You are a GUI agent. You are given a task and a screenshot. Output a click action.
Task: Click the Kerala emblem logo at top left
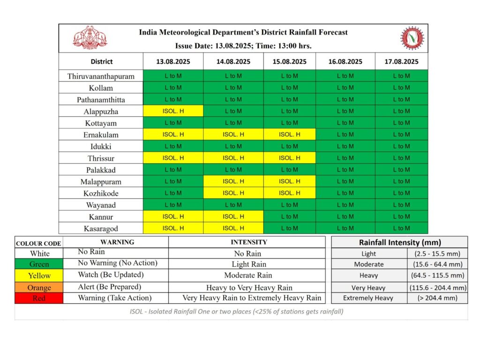90,37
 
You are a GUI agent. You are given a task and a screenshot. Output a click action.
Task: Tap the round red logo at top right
412,38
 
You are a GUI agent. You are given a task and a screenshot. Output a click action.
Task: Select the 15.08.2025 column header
289,61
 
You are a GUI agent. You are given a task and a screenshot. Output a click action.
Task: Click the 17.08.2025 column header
401,61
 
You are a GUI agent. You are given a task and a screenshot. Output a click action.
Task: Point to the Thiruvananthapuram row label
101,76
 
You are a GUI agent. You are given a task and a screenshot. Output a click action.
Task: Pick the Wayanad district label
101,205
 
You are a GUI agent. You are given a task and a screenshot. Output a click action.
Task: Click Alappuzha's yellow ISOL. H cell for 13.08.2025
173,111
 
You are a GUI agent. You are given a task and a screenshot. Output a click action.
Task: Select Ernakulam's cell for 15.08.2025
289,135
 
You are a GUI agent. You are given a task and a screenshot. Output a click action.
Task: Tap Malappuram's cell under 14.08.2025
233,181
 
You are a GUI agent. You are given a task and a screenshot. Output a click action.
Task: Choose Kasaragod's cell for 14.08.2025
233,228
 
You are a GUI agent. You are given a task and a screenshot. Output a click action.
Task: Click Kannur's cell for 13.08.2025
173,217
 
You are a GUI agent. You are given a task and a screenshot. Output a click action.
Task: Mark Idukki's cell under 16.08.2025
345,146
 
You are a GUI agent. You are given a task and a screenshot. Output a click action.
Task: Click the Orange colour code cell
39,287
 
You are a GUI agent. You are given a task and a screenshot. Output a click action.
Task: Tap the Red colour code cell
39,298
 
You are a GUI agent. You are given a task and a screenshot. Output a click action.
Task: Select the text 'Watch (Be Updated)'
111,275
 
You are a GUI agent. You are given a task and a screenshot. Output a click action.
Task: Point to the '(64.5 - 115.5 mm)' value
437,275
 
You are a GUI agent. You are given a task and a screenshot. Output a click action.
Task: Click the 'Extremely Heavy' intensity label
368,298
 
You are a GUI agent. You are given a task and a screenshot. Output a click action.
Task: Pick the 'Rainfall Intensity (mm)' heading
400,242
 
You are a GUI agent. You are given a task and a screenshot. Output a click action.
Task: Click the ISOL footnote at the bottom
236,312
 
